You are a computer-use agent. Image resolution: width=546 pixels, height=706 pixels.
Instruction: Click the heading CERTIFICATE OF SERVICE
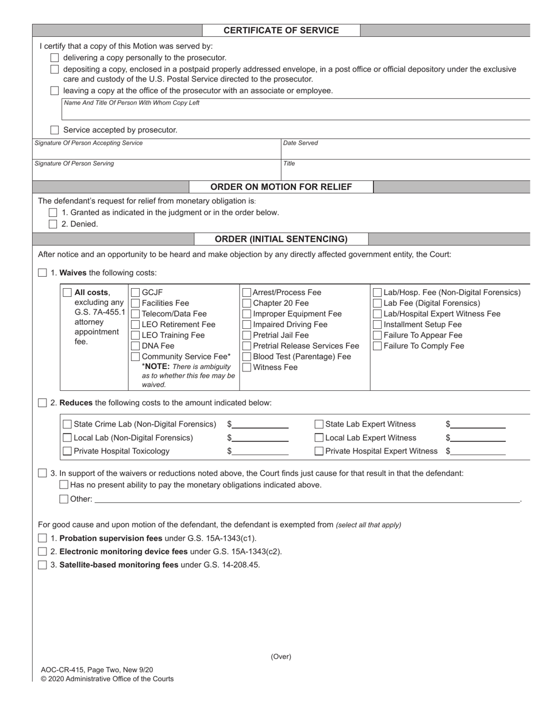[x=281, y=30]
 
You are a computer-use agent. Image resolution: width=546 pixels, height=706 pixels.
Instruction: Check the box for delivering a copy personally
[x=55, y=57]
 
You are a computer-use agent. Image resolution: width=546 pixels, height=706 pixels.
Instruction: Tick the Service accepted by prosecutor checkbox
[x=55, y=130]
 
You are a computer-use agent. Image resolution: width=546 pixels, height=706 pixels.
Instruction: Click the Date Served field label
[x=300, y=143]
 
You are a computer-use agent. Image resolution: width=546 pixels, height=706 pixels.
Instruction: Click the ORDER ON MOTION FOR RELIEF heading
[x=281, y=187]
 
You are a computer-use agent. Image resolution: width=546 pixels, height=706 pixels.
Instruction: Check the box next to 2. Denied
[x=53, y=224]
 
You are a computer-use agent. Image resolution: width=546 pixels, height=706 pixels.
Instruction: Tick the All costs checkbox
[x=67, y=292]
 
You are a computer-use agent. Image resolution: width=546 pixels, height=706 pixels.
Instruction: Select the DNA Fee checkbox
[x=136, y=346]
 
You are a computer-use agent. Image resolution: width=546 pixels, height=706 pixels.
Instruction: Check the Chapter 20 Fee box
[x=247, y=303]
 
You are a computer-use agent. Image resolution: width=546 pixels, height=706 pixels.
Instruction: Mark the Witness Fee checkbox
[x=247, y=367]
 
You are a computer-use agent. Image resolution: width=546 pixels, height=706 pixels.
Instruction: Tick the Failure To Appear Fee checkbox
[x=378, y=335]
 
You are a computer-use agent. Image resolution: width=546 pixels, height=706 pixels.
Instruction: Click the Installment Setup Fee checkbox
[x=378, y=324]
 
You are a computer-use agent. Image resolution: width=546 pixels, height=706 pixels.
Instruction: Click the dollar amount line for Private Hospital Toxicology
[x=260, y=451]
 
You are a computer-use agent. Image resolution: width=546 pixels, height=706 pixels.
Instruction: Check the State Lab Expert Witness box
[x=319, y=424]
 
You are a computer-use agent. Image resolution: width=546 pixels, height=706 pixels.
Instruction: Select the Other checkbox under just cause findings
[x=64, y=499]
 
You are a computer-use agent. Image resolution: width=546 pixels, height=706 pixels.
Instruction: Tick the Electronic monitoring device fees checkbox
[x=43, y=552]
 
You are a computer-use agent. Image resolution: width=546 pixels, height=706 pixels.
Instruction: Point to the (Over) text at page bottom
[x=281, y=657]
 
